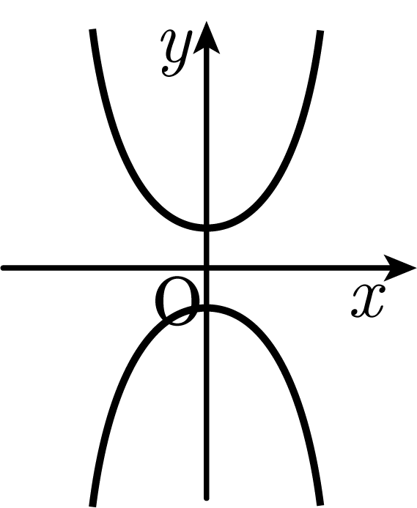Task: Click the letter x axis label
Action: (x=368, y=300)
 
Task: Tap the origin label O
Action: (x=177, y=301)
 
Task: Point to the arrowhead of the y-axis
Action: (x=206, y=37)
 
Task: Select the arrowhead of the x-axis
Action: (x=399, y=268)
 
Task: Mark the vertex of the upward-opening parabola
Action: (x=207, y=228)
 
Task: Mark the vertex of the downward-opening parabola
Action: (x=207, y=307)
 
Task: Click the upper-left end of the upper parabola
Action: (x=92, y=29)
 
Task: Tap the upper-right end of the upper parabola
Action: (x=320, y=31)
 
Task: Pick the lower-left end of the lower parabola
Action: (x=92, y=505)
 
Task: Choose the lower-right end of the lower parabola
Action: (x=320, y=505)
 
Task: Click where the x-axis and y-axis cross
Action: (x=207, y=268)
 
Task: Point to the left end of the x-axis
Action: (x=3, y=268)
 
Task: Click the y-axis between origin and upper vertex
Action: (x=207, y=248)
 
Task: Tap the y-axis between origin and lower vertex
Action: (x=207, y=288)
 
